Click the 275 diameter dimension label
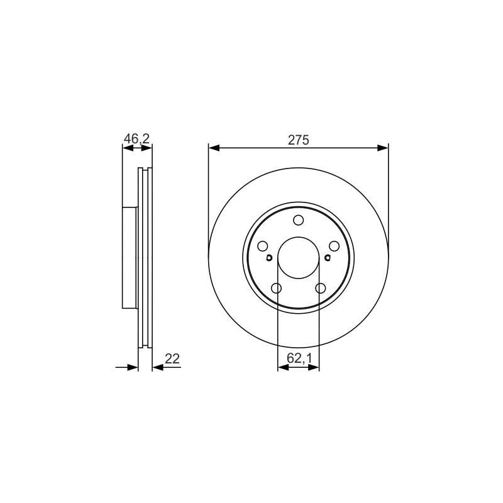pyautogui.click(x=298, y=140)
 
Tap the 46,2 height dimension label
pyautogui.click(x=136, y=138)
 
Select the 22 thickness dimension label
pyautogui.click(x=172, y=358)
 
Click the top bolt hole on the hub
pyautogui.click(x=298, y=221)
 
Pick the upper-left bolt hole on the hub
pyautogui.click(x=263, y=246)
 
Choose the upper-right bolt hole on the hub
pyautogui.click(x=334, y=246)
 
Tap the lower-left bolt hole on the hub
pyautogui.click(x=276, y=288)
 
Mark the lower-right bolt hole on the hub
pyautogui.click(x=321, y=288)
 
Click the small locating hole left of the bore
pyautogui.click(x=269, y=257)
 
